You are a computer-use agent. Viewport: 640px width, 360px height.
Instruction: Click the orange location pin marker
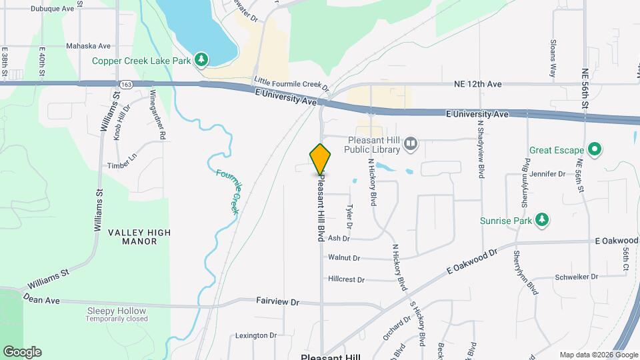click(x=321, y=159)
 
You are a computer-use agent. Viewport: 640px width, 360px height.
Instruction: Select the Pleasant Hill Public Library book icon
click(x=411, y=143)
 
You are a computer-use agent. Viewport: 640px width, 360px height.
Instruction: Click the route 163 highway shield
click(x=126, y=84)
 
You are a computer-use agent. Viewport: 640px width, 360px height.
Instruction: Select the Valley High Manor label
click(x=140, y=237)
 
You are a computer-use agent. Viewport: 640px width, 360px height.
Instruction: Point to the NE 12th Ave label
click(x=477, y=85)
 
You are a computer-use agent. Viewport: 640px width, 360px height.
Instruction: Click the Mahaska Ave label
click(x=88, y=47)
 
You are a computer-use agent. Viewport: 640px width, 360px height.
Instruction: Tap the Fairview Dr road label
click(x=277, y=302)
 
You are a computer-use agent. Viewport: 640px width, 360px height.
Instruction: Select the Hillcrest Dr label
click(x=347, y=280)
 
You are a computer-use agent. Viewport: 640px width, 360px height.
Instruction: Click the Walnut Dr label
click(x=344, y=258)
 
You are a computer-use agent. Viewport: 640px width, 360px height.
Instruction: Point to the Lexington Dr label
click(x=255, y=335)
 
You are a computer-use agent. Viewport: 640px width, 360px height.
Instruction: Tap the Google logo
click(x=22, y=352)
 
